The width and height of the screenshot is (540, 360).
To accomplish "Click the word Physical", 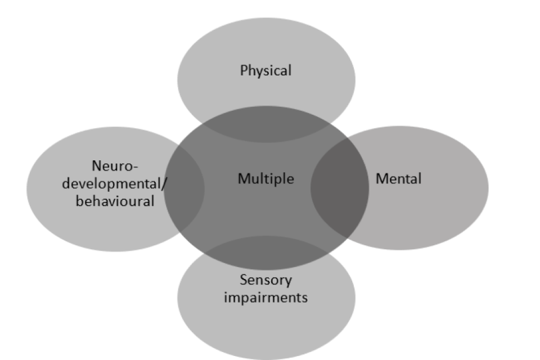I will pyautogui.click(x=265, y=71).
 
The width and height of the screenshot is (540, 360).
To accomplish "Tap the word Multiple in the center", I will pyautogui.click(x=265, y=179).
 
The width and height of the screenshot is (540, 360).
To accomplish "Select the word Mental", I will pyautogui.click(x=398, y=179).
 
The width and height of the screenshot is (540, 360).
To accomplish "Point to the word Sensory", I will pyautogui.click(x=266, y=280).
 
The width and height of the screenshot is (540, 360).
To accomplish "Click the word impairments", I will pyautogui.click(x=265, y=296).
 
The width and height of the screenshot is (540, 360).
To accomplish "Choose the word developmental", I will pyautogui.click(x=113, y=183).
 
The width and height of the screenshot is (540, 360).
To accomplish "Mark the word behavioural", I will pyautogui.click(x=115, y=200).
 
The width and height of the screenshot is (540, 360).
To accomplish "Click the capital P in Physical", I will pyautogui.click(x=244, y=71).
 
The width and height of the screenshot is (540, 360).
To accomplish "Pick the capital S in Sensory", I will pyautogui.click(x=243, y=280).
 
